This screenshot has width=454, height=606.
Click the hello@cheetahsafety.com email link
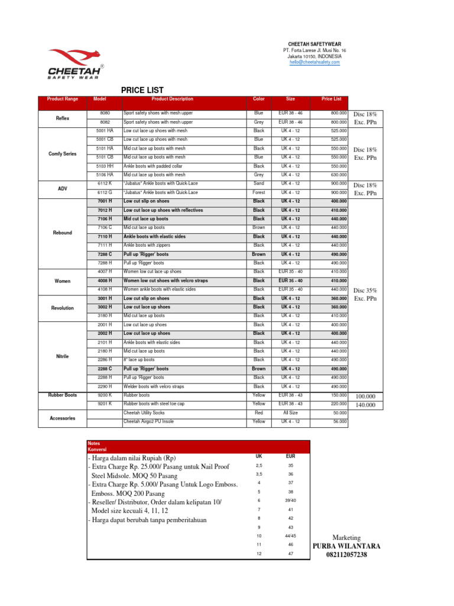click(314, 62)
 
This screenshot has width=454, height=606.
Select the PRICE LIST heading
click(142, 90)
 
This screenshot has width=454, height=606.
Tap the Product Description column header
click(172, 99)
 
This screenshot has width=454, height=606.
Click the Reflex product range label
click(63, 118)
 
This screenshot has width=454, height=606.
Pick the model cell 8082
click(105, 122)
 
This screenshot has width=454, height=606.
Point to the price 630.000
click(338, 175)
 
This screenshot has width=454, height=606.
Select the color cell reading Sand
click(259, 184)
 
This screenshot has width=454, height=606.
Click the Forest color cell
click(259, 192)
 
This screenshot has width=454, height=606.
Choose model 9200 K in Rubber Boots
click(105, 395)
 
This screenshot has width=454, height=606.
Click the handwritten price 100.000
click(365, 396)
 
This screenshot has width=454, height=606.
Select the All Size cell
click(290, 412)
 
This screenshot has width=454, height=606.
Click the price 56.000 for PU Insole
click(339, 421)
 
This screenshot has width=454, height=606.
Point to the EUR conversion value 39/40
click(290, 501)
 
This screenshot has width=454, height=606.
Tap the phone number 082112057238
click(346, 555)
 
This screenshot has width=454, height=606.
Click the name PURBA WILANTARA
click(346, 546)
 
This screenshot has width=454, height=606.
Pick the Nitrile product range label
click(63, 356)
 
